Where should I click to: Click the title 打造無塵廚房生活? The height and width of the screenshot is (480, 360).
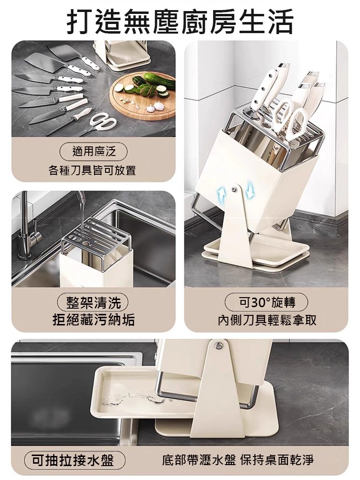click(x=180, y=22)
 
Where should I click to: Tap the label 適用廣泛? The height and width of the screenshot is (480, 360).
click(x=94, y=152)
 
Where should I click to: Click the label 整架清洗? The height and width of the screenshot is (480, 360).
click(x=94, y=303)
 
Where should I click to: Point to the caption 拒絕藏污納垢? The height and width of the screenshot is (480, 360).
click(x=94, y=320)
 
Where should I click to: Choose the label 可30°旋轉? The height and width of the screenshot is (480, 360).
click(x=266, y=302)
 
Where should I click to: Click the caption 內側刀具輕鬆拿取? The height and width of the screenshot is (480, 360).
click(x=267, y=320)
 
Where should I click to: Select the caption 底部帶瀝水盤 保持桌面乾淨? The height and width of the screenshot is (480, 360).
click(x=238, y=460)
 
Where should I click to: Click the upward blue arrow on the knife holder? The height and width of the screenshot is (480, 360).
click(x=221, y=194)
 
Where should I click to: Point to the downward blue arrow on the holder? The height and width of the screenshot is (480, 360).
click(x=250, y=192)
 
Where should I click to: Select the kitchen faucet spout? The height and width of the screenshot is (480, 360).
click(x=79, y=198)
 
